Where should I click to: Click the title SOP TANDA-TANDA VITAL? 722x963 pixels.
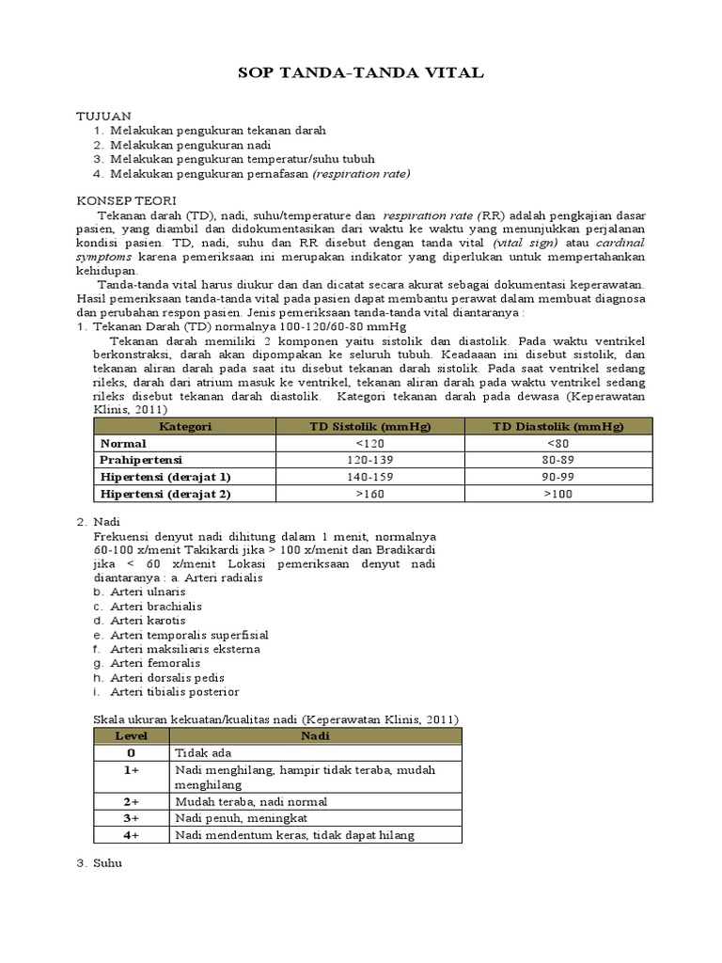coord(361,73)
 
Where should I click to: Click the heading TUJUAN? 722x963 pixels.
coord(102,115)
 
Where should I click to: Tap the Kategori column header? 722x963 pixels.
coord(184,427)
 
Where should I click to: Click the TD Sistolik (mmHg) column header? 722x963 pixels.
coord(370,427)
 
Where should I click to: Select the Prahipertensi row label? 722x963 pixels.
coord(141,460)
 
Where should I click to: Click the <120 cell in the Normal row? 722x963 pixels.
coord(370,443)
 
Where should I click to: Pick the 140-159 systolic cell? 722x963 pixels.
coord(370,477)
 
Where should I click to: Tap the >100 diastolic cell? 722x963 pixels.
coord(557,493)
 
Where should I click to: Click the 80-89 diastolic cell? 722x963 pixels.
coord(557,460)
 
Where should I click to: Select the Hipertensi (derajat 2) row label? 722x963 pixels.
coord(165,493)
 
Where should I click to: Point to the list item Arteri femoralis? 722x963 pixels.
coord(153,663)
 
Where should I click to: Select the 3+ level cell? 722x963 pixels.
coord(131,818)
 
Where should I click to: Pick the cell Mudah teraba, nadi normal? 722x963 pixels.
coord(251,802)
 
